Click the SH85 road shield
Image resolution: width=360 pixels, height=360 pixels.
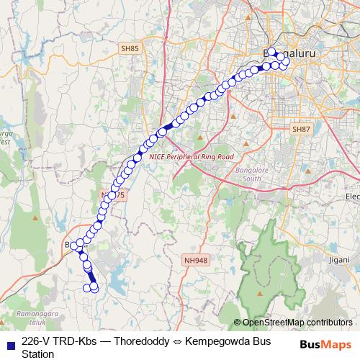pos(129,48)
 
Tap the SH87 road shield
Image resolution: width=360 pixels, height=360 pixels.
pos(300,128)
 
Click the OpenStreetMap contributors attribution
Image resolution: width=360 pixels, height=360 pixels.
pos(297,323)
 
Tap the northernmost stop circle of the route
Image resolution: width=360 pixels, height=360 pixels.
pos(272,52)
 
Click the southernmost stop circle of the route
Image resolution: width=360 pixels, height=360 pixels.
pos(94,289)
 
